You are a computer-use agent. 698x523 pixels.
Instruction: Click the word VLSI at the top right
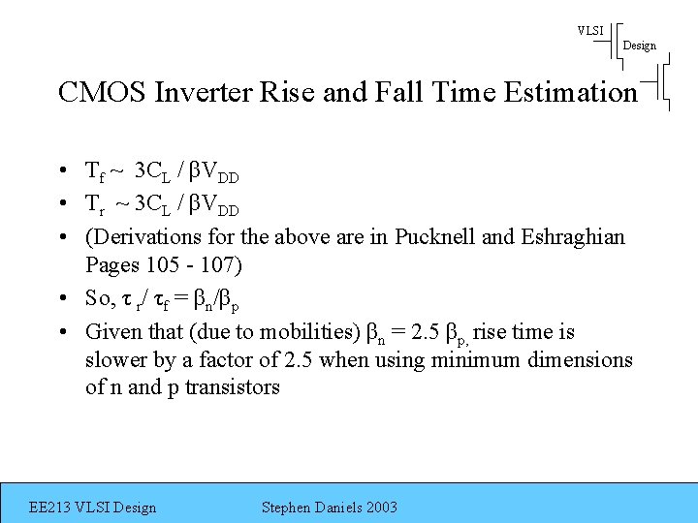590,30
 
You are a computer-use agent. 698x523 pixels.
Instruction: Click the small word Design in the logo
639,46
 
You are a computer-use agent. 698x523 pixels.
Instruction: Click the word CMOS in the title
92,92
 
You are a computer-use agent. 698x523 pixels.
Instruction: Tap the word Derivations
140,236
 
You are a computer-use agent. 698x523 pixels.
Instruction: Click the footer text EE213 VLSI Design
92,507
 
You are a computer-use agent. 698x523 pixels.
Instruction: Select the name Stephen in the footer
289,507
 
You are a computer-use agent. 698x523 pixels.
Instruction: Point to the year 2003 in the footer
379,507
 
